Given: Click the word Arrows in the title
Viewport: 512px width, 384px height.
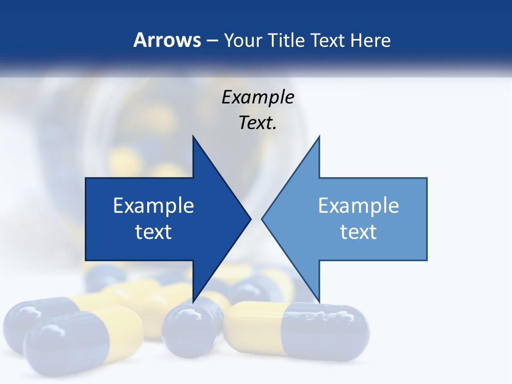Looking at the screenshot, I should (x=167, y=40).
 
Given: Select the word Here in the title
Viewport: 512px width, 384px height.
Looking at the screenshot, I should (x=371, y=40).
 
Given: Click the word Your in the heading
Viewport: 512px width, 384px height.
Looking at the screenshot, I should (x=242, y=40).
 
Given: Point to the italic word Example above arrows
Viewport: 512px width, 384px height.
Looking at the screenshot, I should (x=258, y=97).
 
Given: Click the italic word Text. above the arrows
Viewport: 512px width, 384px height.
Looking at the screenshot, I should (x=258, y=123).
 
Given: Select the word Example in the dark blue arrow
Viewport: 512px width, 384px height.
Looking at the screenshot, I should (x=154, y=205).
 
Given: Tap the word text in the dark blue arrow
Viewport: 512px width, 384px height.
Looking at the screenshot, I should (x=154, y=231).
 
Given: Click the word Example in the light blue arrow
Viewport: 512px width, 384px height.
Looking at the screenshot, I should (x=358, y=205).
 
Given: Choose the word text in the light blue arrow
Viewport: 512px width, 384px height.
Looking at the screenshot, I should (x=358, y=231).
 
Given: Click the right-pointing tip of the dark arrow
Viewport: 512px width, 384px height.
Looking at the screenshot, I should (x=250, y=219).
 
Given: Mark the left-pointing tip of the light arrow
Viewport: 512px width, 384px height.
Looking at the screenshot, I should (x=263, y=219).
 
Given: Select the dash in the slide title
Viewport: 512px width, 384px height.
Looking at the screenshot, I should (x=212, y=40).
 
